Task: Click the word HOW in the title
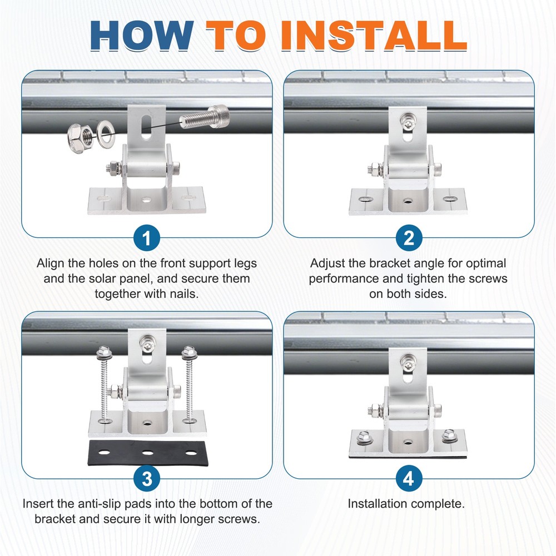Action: pyautogui.click(x=141, y=35)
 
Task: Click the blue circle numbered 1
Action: pyautogui.click(x=147, y=239)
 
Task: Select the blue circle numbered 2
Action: pyautogui.click(x=409, y=239)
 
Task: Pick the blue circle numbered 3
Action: pyautogui.click(x=147, y=478)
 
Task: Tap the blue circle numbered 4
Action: pyautogui.click(x=409, y=478)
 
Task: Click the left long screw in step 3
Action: pyautogui.click(x=103, y=384)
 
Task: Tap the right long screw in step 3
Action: pyautogui.click(x=188, y=384)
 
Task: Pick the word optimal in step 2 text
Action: pyautogui.click(x=484, y=263)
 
